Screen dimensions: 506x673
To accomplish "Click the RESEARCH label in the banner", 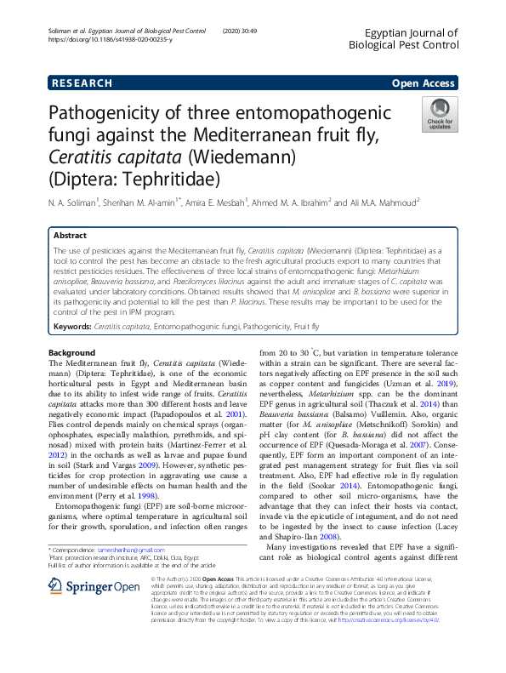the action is coord(82,83).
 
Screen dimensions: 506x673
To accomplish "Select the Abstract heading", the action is coord(70,235).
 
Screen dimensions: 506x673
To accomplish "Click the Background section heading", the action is coord(72,352).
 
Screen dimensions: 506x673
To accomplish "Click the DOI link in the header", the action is coord(111,39).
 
